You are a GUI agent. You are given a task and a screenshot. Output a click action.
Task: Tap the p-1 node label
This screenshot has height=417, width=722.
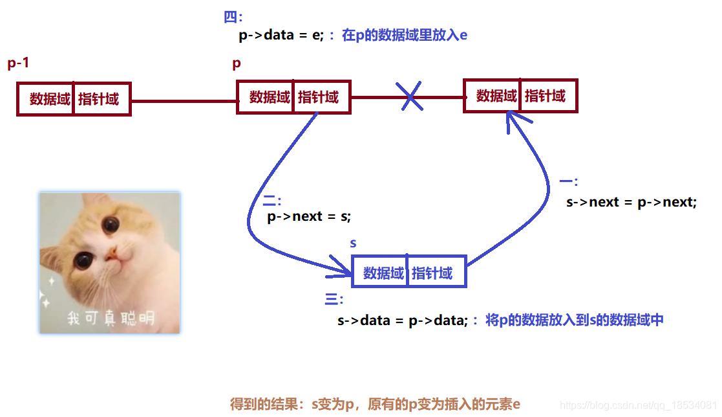point(18,63)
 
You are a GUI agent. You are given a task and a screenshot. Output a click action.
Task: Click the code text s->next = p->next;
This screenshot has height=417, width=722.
point(632,202)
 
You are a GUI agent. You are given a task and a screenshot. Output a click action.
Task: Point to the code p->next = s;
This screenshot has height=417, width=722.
point(309,216)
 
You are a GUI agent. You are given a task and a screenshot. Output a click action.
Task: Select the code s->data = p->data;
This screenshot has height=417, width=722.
point(402,320)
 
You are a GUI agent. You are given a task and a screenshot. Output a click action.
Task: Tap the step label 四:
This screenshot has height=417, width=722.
point(233,17)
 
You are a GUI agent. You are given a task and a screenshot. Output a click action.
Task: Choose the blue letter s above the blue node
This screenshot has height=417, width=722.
point(353,243)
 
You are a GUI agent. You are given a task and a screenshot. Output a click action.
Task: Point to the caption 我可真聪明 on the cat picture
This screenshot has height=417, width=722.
point(111,318)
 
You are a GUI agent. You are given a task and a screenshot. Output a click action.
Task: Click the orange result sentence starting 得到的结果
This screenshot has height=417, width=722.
point(375,404)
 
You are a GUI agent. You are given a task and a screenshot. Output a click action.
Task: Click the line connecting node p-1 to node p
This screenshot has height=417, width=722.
point(184,100)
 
